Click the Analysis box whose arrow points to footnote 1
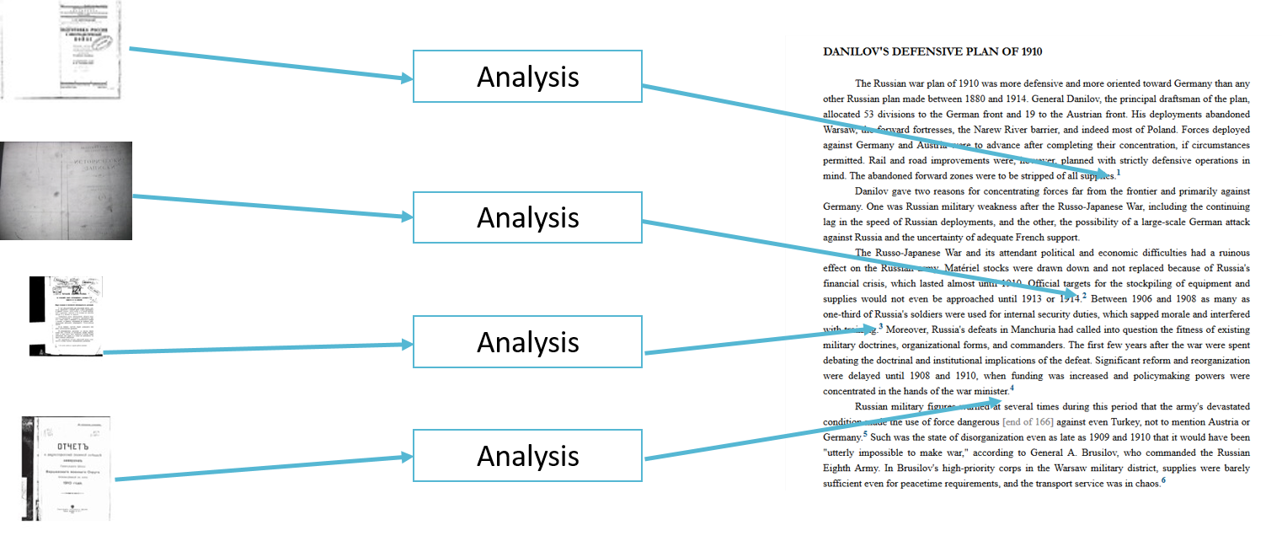(527, 77)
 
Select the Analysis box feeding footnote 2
(527, 217)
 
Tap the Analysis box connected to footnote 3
(527, 342)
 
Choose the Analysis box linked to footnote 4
(527, 456)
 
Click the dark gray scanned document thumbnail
(66, 190)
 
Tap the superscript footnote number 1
(1119, 173)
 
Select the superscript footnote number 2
(1084, 296)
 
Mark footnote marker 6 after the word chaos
(1163, 480)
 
